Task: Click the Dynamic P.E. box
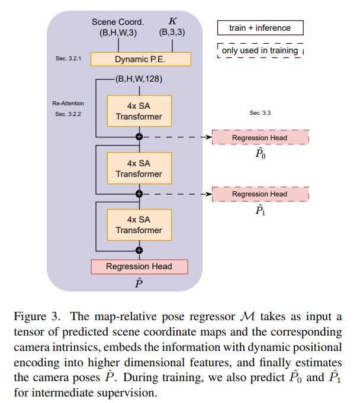coord(140,59)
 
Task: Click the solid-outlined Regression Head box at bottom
coord(139,266)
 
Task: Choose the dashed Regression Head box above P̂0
coord(259,137)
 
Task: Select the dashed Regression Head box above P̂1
coord(259,194)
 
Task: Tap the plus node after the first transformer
coord(139,137)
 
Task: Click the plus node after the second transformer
coord(139,194)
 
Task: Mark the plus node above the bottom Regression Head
coord(139,249)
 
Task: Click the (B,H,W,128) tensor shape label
coord(139,78)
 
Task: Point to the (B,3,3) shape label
coord(172,33)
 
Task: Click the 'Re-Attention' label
coord(68,104)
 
